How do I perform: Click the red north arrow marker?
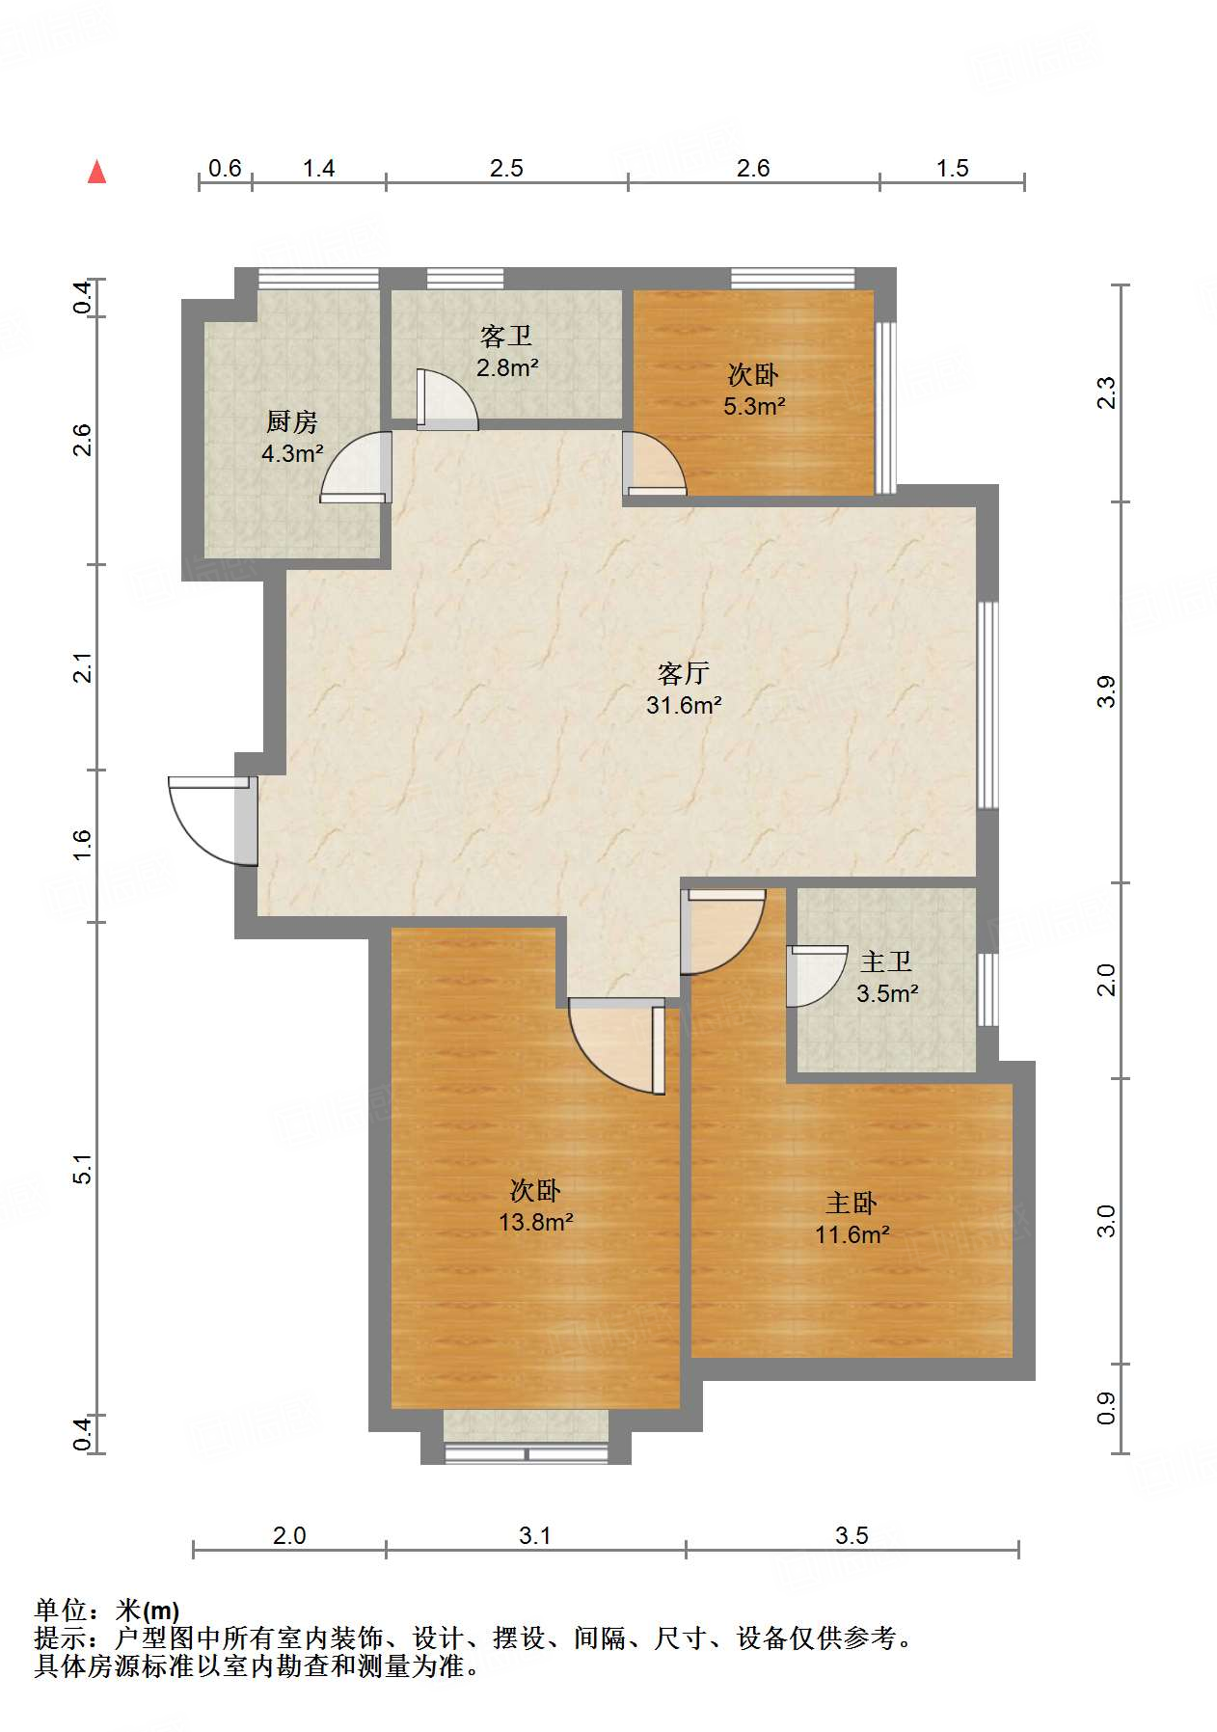pyautogui.click(x=96, y=172)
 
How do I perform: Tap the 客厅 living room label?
pyautogui.click(x=684, y=672)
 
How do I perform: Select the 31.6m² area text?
pyautogui.click(x=684, y=705)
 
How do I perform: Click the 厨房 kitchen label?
pyautogui.click(x=291, y=421)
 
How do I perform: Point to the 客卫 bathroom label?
pyautogui.click(x=506, y=336)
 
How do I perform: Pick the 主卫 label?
pyautogui.click(x=886, y=961)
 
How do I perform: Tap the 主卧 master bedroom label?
pyautogui.click(x=852, y=1203)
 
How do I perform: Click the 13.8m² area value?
pyautogui.click(x=536, y=1222)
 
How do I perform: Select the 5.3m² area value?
pyautogui.click(x=754, y=406)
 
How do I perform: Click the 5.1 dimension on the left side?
pyautogui.click(x=83, y=1169)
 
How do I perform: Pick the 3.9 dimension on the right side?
pyautogui.click(x=1106, y=691)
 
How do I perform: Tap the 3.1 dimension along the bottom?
pyautogui.click(x=535, y=1535)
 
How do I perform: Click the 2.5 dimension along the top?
pyautogui.click(x=506, y=168)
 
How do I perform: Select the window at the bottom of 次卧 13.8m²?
pyautogui.click(x=527, y=1453)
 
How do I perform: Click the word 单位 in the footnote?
pyautogui.click(x=61, y=1610)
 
